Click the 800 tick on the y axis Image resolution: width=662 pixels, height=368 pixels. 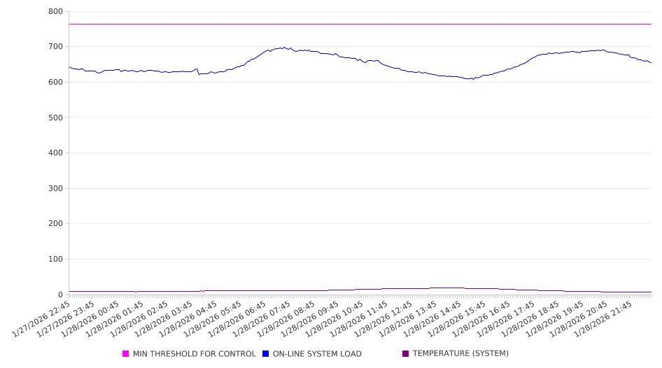(x=55, y=12)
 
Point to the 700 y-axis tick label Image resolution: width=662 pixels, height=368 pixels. (x=55, y=47)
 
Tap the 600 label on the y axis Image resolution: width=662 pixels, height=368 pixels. (x=55, y=83)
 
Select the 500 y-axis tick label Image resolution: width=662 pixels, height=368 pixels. (x=55, y=118)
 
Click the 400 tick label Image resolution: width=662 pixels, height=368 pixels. (x=55, y=153)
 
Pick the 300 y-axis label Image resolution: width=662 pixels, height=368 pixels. (x=55, y=189)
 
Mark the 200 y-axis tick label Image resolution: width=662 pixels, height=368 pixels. (x=55, y=224)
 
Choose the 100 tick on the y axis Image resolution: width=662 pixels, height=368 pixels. (x=55, y=260)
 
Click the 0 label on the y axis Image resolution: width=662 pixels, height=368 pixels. (x=60, y=295)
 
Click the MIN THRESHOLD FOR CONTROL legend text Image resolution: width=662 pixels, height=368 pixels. (x=195, y=354)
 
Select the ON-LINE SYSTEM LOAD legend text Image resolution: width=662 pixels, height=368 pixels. (x=317, y=354)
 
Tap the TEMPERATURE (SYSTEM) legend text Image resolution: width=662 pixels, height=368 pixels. (x=460, y=354)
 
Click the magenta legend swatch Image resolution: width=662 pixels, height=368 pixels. (x=126, y=354)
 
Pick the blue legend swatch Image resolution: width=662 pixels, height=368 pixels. (x=266, y=354)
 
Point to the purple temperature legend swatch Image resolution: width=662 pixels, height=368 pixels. (x=406, y=354)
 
